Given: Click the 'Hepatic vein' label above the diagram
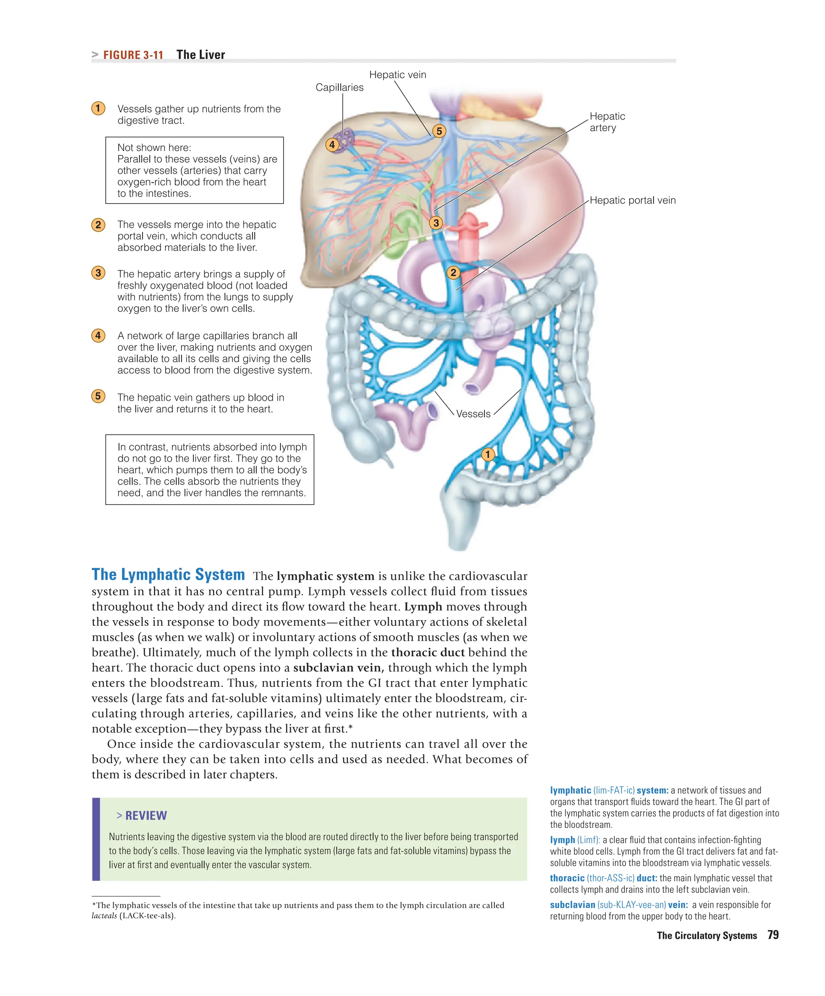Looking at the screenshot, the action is pyautogui.click(x=397, y=74).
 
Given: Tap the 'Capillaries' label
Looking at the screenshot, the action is pyautogui.click(x=340, y=87).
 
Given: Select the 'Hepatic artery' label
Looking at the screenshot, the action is pyautogui.click(x=607, y=122).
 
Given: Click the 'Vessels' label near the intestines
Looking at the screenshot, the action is pyautogui.click(x=473, y=414).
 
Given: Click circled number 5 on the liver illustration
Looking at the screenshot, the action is pyautogui.click(x=439, y=131).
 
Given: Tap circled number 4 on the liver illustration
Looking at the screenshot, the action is pyautogui.click(x=332, y=144).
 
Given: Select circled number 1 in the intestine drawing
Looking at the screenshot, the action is pyautogui.click(x=487, y=454).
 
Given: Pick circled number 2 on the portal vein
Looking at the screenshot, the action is pyautogui.click(x=453, y=272).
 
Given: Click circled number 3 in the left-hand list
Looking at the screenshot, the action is pyautogui.click(x=98, y=273).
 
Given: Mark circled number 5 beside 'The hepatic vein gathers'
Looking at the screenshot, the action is pyautogui.click(x=98, y=396).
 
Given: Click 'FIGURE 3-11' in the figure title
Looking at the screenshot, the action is pyautogui.click(x=133, y=55).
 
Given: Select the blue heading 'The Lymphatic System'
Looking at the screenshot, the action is pyautogui.click(x=168, y=574).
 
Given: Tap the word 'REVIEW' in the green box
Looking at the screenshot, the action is pyautogui.click(x=146, y=815).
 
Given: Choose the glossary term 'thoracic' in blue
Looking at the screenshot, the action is pyautogui.click(x=567, y=878).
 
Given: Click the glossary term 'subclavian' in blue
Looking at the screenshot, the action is pyautogui.click(x=572, y=905).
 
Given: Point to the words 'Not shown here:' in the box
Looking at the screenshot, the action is pyautogui.click(x=154, y=148).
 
